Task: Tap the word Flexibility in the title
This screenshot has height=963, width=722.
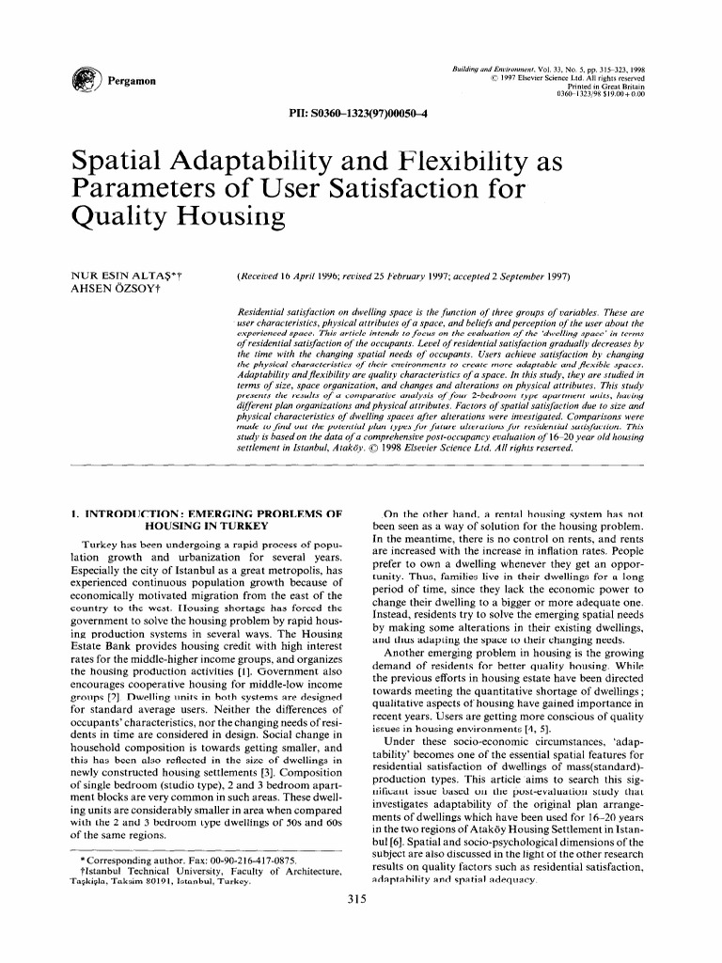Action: [x=430, y=165]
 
